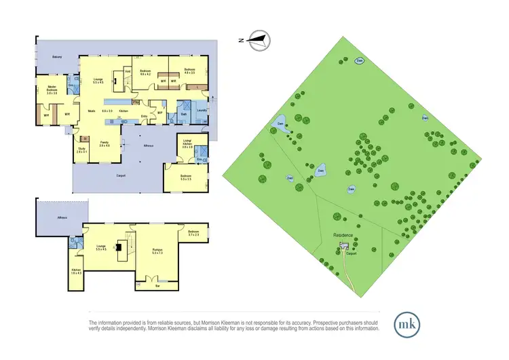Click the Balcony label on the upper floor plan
click(x=58, y=57)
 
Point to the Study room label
click(x=81, y=149)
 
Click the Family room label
click(x=104, y=143)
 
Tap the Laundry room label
click(x=202, y=111)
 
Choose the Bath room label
click(x=184, y=115)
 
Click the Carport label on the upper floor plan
click(x=121, y=176)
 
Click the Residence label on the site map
click(x=343, y=236)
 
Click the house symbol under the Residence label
click(x=343, y=245)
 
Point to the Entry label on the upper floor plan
click(x=144, y=116)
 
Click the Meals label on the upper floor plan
click(x=91, y=111)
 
